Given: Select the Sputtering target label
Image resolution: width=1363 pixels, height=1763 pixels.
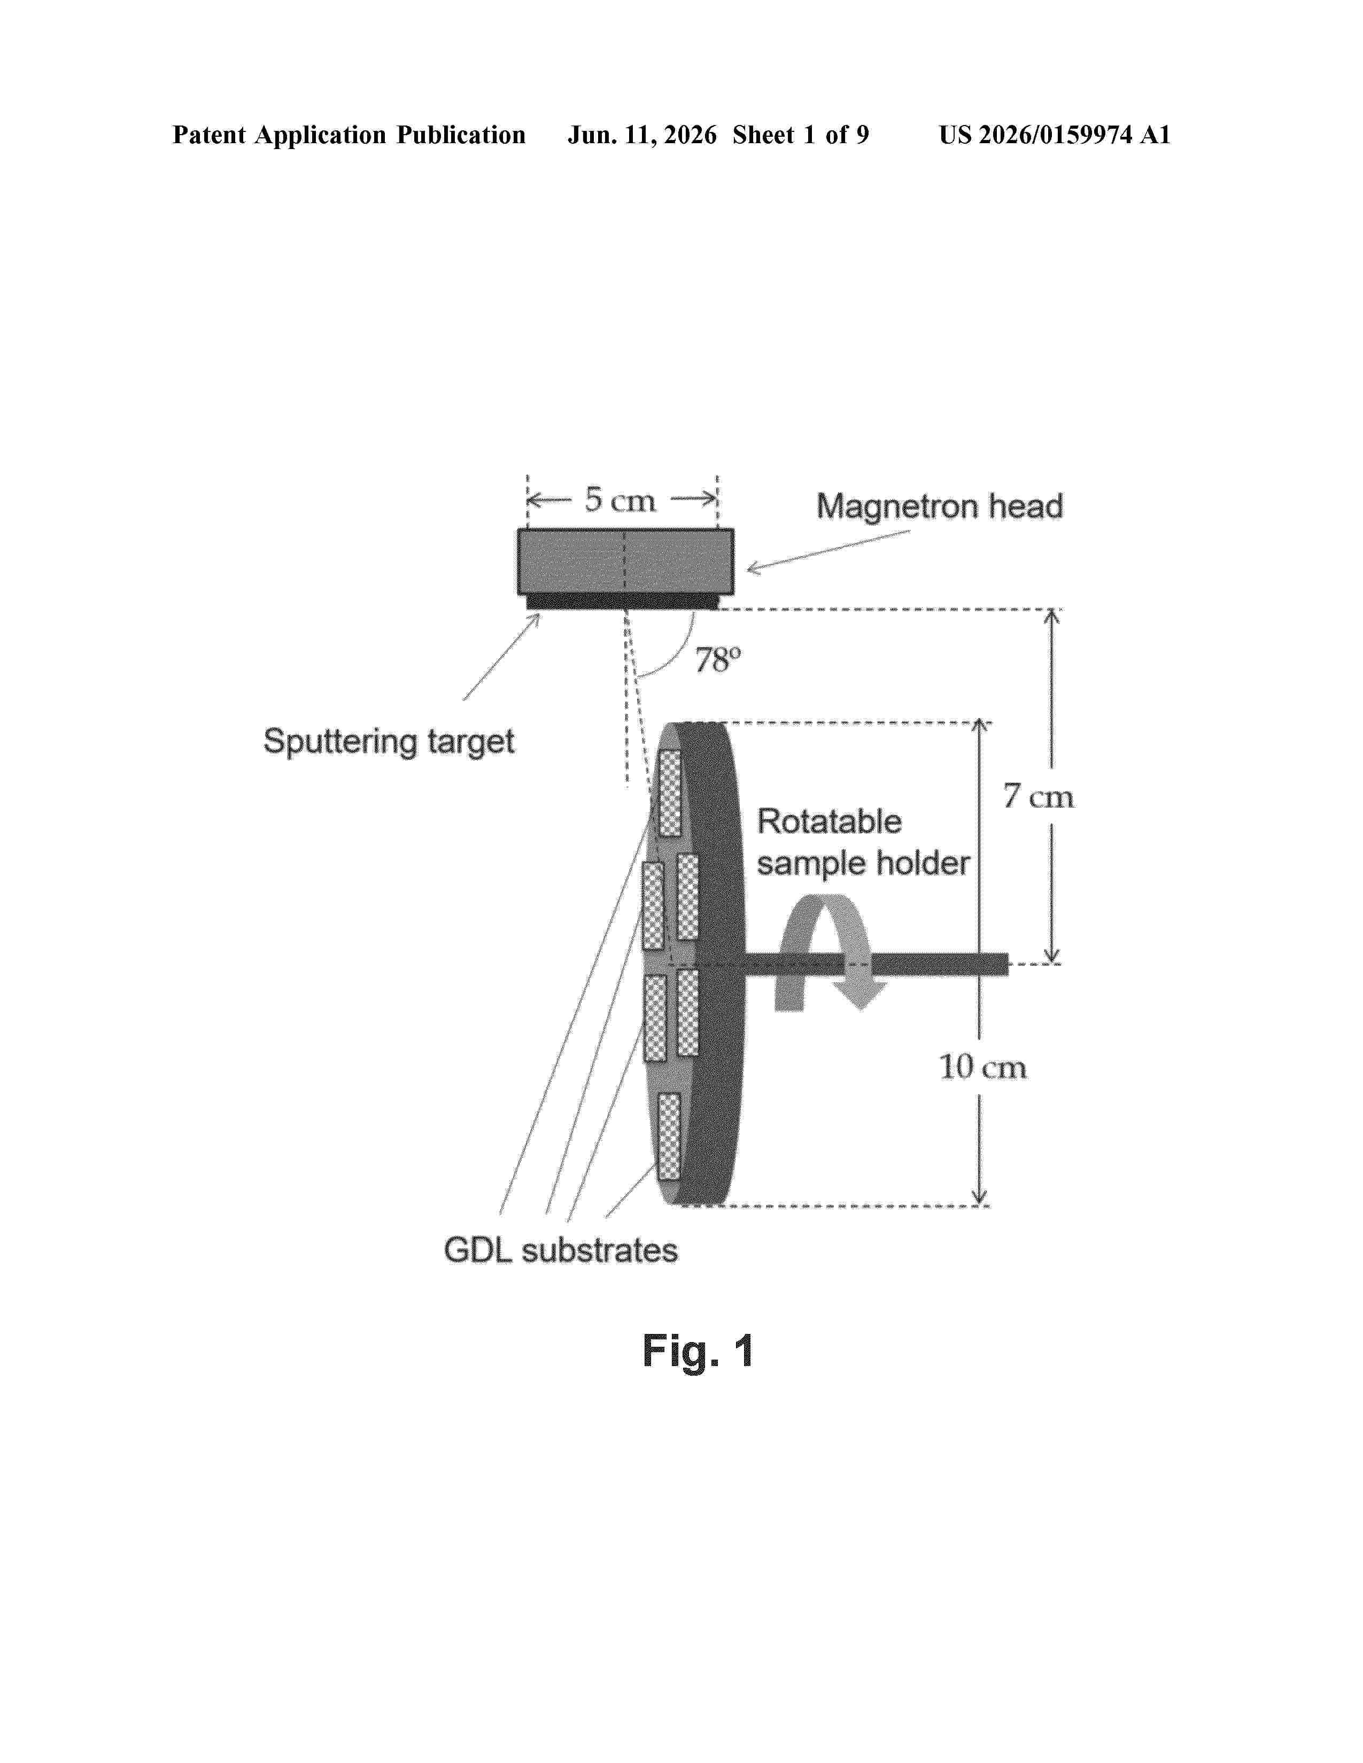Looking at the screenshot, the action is coord(389,741).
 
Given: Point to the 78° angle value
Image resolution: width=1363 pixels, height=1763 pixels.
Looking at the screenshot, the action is coord(717,660).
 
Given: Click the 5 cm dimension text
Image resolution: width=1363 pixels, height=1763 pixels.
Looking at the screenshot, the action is coord(620,500).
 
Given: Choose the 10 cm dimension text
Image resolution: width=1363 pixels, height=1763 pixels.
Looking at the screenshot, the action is coord(982,1067).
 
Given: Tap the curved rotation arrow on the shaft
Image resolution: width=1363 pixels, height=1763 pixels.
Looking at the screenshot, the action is coord(827,953).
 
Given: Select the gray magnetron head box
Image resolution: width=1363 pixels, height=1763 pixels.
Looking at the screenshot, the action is coord(626,562).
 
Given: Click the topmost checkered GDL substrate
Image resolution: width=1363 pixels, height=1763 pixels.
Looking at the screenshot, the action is coord(669,793).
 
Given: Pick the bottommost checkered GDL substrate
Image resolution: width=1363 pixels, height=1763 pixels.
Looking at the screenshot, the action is coord(669,1136).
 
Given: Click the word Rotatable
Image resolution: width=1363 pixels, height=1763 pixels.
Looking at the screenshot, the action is coord(829,822).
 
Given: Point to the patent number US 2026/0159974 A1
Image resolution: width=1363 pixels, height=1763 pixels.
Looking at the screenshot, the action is coord(1055,135).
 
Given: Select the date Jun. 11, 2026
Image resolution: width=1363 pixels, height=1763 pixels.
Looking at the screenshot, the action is coord(642,135).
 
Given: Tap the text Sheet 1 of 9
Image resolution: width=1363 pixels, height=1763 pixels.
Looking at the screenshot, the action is coord(801,135).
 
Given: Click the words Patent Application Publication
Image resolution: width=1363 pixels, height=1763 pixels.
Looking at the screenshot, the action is coord(349,135).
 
